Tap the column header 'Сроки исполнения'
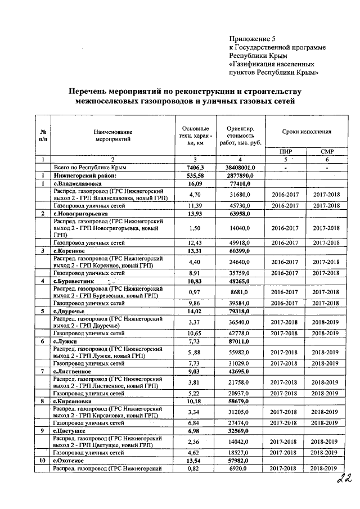click(306, 130)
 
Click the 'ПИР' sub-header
click(286, 151)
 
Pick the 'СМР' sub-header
click(327, 151)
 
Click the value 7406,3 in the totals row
click(194, 168)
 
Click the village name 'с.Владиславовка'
click(78, 183)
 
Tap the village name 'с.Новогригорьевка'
click(81, 214)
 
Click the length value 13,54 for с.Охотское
click(194, 460)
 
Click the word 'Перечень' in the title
click(93, 92)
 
